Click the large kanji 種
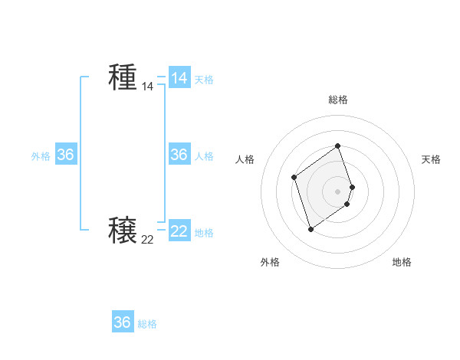tap(123, 77)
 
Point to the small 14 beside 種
tap(147, 87)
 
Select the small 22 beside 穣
tap(147, 240)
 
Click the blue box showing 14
tap(179, 78)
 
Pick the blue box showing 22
tap(179, 231)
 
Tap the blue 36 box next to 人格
tap(179, 155)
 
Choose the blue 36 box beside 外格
tap(66, 155)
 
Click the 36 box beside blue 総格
tap(123, 322)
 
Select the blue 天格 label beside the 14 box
tap(204, 80)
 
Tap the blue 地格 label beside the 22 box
tap(204, 233)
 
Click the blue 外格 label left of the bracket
tap(41, 156)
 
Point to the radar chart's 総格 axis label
tap(338, 100)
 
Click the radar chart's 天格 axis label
tap(432, 159)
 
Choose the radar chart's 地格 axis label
tap(402, 262)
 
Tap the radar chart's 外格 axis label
tap(270, 262)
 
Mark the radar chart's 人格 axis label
tap(245, 159)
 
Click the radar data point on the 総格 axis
tap(338, 146)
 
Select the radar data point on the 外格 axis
tap(310, 228)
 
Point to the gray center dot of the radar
tap(338, 191)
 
